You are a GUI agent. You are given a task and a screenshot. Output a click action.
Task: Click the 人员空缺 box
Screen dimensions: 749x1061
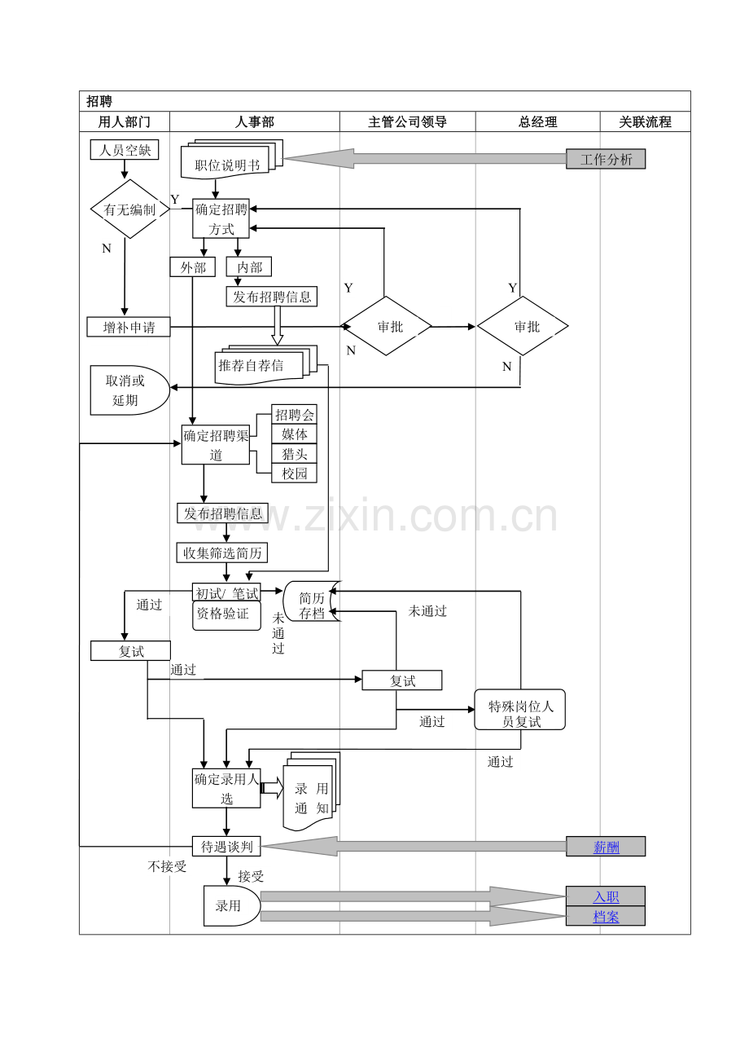125,150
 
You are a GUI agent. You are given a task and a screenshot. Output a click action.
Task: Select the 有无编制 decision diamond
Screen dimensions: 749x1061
129,209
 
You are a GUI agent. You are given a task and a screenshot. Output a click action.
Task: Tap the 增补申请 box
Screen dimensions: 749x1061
129,327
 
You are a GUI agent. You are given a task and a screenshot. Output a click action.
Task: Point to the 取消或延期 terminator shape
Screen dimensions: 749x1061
129,390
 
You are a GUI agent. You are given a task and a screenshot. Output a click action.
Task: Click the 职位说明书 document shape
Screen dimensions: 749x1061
232,159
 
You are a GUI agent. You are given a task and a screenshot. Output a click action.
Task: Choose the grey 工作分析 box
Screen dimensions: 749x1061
606,159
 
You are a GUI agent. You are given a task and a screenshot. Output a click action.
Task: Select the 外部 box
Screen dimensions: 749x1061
193,267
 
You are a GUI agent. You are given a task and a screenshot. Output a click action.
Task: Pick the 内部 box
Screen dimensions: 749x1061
249,266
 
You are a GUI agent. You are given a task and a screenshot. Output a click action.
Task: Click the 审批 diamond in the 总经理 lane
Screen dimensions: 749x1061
523,326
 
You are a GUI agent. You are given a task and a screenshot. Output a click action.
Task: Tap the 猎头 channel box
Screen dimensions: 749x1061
294,454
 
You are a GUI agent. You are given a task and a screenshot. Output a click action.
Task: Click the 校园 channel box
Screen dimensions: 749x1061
294,473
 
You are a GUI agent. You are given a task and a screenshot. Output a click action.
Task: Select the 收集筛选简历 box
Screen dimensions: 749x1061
222,553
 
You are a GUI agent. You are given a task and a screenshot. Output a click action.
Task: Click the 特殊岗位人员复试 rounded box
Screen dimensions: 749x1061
520,709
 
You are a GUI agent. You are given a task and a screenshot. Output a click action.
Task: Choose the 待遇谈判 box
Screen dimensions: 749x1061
226,846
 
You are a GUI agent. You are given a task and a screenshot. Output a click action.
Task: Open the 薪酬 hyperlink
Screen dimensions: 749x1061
606,847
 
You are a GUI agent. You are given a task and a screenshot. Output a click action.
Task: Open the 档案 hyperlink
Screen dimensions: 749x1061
606,917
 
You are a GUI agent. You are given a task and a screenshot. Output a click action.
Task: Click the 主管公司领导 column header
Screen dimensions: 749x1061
407,121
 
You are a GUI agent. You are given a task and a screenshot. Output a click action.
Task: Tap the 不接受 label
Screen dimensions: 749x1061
167,866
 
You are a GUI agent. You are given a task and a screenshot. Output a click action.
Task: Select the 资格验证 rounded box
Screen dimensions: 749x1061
226,615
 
